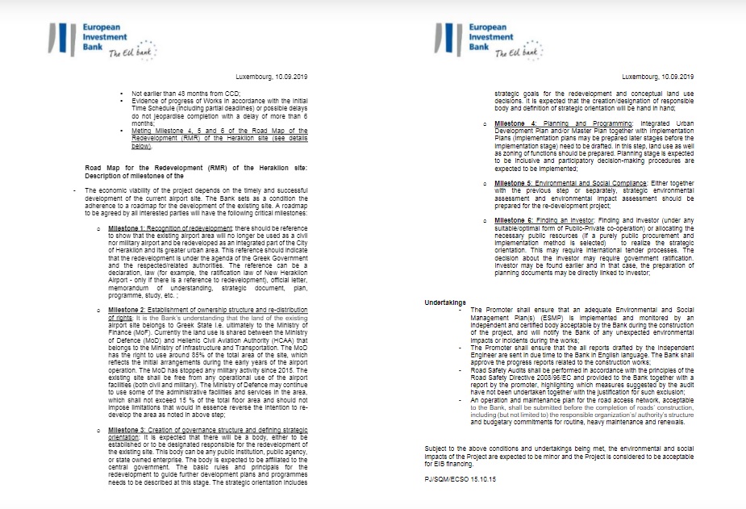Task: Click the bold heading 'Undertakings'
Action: click(x=445, y=302)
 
